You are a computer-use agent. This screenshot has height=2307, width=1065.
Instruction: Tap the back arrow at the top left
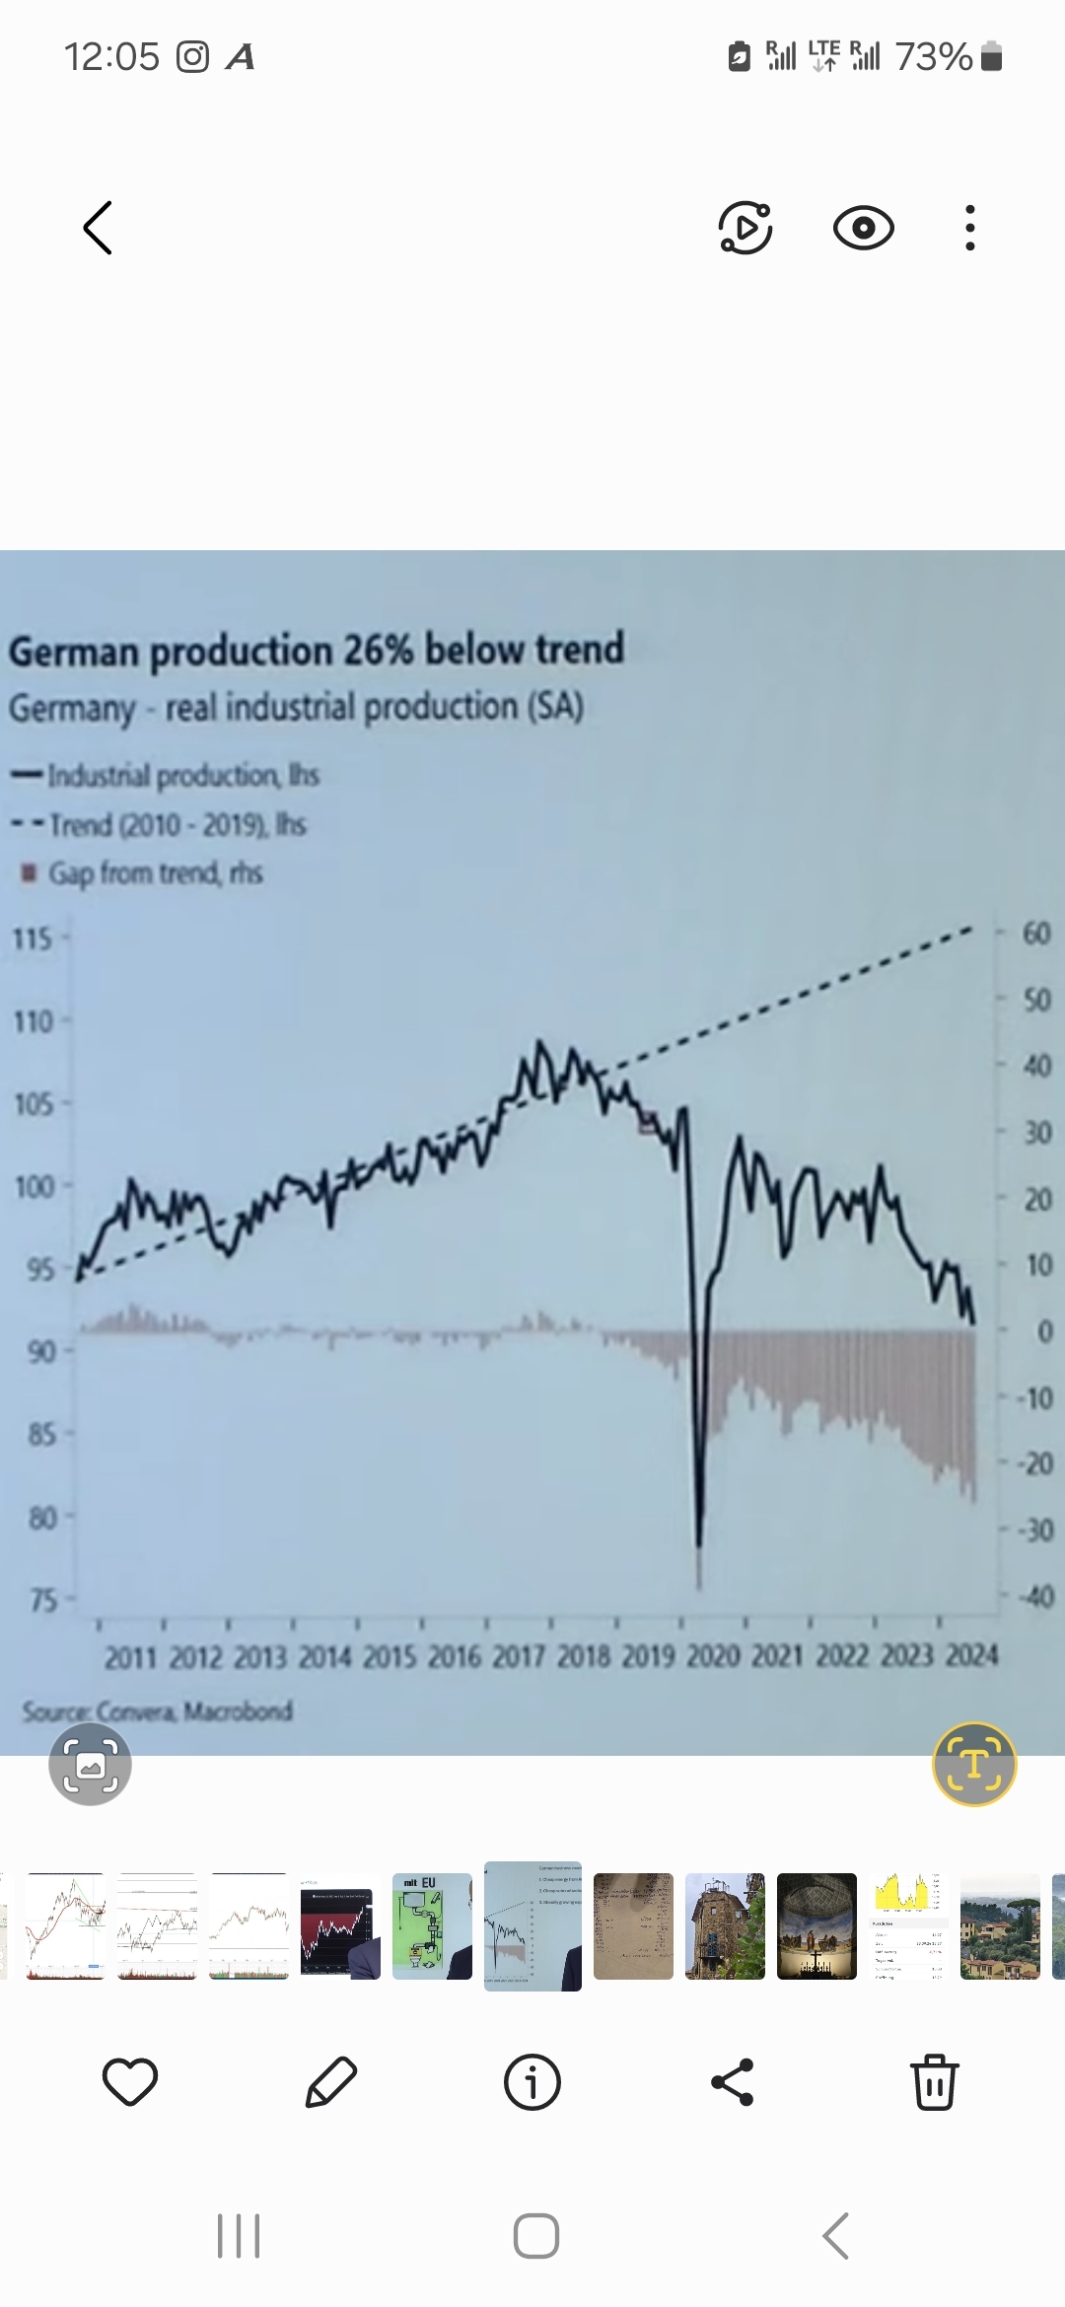98,228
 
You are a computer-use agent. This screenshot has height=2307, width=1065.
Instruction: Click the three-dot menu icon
970,228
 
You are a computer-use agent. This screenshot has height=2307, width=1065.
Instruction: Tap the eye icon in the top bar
863,228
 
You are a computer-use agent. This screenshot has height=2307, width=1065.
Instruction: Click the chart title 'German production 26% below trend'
317,651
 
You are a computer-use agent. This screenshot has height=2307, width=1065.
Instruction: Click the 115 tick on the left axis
32,938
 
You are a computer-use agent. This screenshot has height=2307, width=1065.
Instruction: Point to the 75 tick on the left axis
42,1599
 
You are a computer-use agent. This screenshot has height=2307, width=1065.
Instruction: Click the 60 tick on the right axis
1036,933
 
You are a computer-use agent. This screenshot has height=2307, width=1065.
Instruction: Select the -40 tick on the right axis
1034,1596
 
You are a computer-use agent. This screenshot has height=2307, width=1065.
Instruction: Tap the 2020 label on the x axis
712,1655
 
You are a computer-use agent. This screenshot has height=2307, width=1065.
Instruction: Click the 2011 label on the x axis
131,1657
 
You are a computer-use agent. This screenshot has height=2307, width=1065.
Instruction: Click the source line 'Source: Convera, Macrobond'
158,1711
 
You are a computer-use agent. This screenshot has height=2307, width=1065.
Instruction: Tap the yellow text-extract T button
973,1764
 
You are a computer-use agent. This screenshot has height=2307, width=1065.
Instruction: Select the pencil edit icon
330,2082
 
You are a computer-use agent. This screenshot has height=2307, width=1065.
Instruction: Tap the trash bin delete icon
934,2081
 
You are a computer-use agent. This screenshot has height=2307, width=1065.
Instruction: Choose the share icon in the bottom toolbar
733,2082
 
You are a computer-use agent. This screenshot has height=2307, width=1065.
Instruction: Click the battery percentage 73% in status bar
933,57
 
